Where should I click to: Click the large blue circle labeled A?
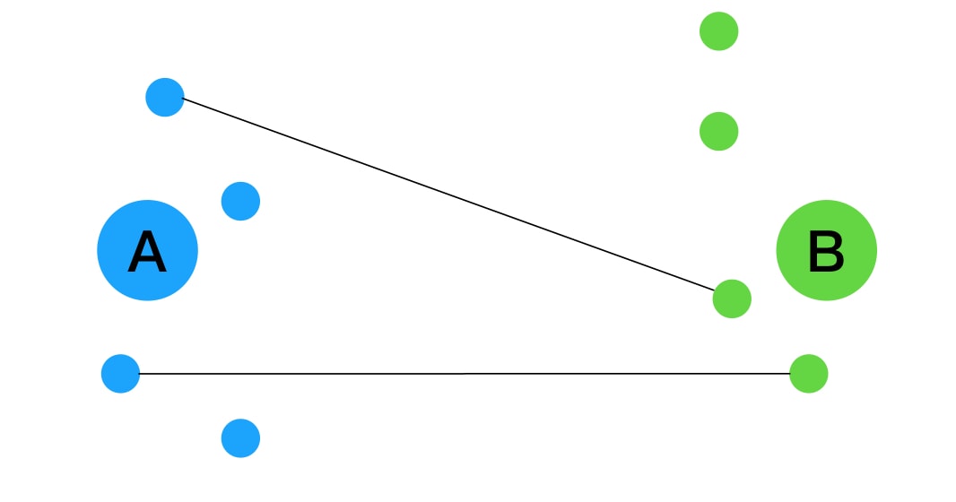coord(148,250)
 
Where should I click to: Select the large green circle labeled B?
coord(826,250)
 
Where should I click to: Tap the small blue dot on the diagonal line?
coord(165,98)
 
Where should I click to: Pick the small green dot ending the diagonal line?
coord(732,299)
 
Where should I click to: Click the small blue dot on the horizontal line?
coord(120,374)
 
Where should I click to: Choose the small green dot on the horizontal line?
coord(808,374)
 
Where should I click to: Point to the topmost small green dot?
coord(719,31)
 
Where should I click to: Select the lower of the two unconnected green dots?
coord(719,131)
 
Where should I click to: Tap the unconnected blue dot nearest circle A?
coord(240,201)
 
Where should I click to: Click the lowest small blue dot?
coord(240,438)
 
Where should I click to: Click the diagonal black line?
coord(448,194)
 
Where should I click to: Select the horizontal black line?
coord(464,374)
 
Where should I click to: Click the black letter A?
coord(147,251)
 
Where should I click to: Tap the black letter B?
coord(826,251)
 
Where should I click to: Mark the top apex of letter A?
coord(147,231)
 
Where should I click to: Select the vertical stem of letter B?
coord(813,251)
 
